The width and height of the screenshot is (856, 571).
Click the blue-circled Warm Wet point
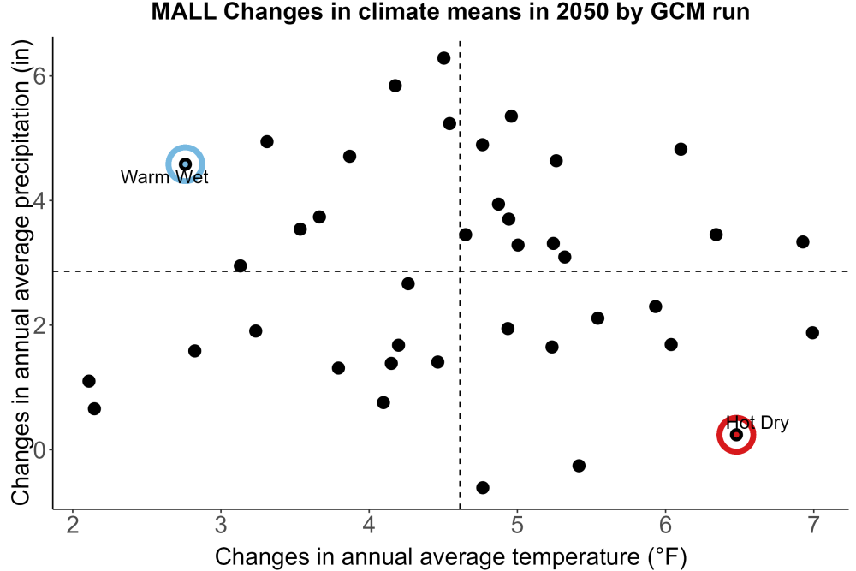[x=185, y=164]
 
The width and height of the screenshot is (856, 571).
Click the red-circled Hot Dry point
[x=736, y=435]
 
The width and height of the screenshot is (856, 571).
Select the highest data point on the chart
[x=443, y=58]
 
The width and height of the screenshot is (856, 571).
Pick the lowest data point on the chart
[x=482, y=487]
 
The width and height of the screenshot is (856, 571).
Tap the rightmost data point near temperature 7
[x=812, y=332]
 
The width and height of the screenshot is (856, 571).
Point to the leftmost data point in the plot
[x=88, y=381]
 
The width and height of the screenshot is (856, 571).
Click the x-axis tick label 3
[x=221, y=525]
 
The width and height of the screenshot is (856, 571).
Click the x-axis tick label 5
[x=517, y=525]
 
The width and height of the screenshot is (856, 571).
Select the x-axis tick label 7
[x=813, y=525]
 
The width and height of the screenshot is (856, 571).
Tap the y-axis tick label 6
[x=39, y=75]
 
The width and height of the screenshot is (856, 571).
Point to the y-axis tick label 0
[x=39, y=449]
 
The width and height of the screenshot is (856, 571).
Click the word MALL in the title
[x=183, y=11]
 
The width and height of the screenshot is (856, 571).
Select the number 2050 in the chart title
[x=582, y=11]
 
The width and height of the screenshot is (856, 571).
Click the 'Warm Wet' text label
[x=164, y=177]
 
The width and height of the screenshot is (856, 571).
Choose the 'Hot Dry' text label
[x=758, y=423]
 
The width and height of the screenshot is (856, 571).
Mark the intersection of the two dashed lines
[x=460, y=271]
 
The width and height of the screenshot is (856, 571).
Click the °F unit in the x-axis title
[x=667, y=557]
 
